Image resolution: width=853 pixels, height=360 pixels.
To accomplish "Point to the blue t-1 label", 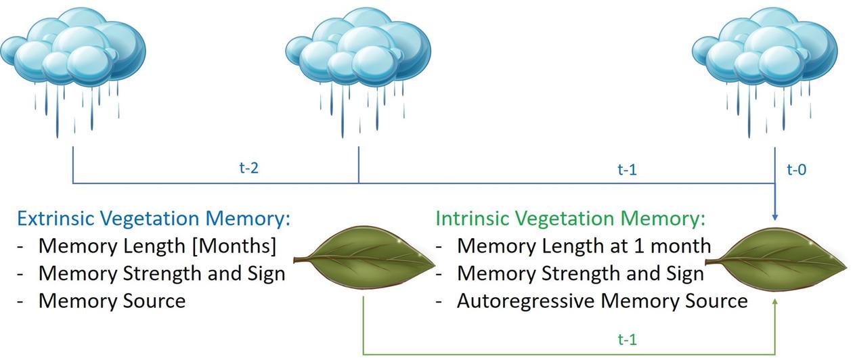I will (627, 170).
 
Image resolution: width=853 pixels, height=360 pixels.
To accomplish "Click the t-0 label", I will (796, 170).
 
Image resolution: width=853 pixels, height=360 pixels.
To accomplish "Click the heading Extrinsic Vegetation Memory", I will (153, 219).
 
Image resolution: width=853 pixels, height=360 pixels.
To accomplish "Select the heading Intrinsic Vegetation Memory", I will (571, 219).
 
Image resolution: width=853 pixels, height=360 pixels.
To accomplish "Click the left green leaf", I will (369, 261).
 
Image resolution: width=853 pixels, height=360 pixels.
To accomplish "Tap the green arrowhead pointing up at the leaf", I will (774, 307).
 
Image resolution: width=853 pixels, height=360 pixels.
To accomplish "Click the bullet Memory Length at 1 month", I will (584, 246).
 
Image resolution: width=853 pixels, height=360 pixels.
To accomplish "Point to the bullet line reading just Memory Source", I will (112, 300).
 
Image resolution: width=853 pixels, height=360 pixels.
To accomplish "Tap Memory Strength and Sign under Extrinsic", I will (162, 273).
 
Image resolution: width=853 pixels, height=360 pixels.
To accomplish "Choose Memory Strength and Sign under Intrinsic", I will (580, 273).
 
